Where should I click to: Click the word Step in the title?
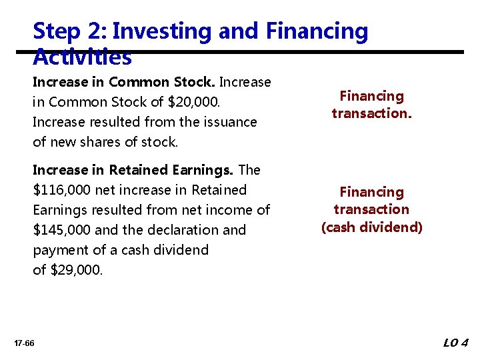coord(55,31)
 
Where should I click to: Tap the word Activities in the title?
coord(82,58)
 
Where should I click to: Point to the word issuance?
coord(231,122)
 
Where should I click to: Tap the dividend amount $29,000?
coord(77,270)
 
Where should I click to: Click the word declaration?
coord(175,230)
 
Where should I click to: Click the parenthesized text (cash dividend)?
coord(371,227)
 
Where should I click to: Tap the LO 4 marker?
coord(456,343)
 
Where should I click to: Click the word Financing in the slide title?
coord(316,31)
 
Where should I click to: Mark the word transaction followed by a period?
coord(371,113)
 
